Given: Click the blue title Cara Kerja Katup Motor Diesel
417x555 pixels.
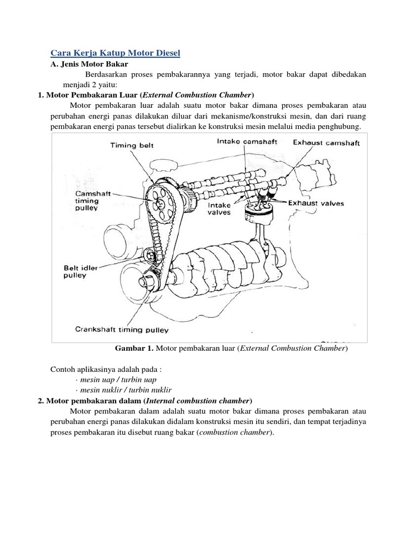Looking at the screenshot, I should click(115, 53).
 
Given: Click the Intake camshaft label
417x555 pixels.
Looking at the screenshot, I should click(247, 141).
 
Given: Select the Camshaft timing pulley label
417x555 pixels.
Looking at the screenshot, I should click(93, 201).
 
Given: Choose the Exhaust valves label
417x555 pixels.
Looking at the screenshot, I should click(316, 204).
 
